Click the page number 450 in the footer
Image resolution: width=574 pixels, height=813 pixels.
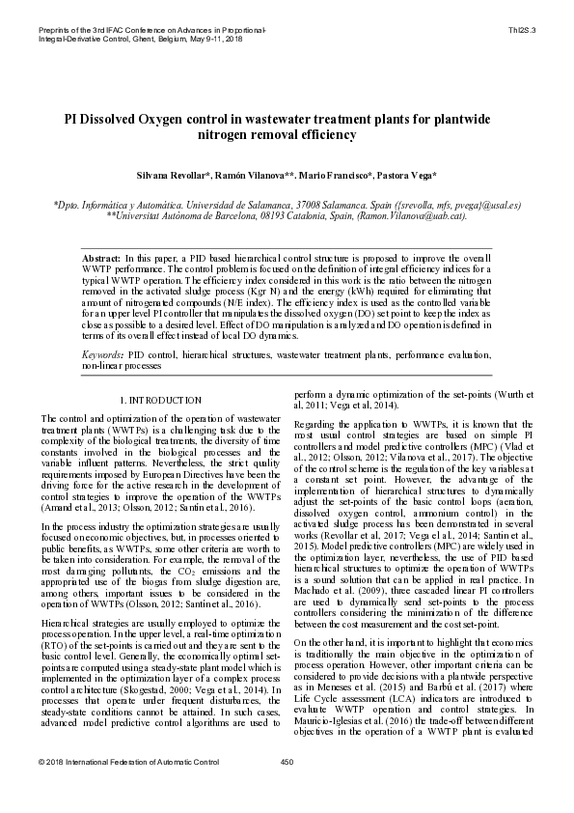click(287, 790)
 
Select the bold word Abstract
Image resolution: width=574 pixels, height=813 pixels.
click(100, 261)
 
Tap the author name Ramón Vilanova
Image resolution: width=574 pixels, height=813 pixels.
click(261, 176)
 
